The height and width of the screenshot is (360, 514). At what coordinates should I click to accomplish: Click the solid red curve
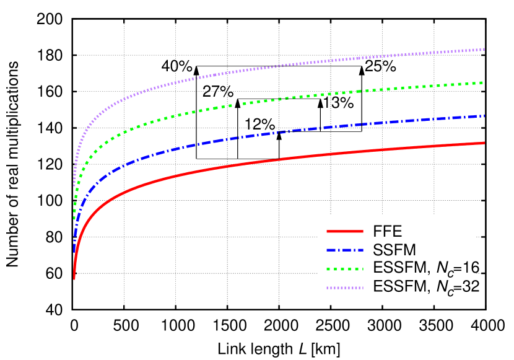(x=248, y=163)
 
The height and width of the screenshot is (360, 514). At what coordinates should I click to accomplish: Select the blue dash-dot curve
(x=248, y=136)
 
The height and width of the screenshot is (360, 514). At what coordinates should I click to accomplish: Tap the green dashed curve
(x=248, y=103)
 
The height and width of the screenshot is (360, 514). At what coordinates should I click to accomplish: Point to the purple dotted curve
(x=248, y=70)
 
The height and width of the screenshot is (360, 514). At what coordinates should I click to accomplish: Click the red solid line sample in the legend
(x=345, y=231)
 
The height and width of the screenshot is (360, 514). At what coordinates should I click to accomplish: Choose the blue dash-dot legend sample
(x=345, y=250)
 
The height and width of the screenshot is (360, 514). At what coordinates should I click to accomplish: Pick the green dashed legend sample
(x=345, y=269)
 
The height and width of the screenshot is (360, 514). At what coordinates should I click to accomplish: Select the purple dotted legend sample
(x=345, y=288)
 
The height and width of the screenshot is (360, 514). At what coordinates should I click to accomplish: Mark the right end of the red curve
(x=484, y=143)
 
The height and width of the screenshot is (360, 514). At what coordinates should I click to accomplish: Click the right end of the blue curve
(x=484, y=116)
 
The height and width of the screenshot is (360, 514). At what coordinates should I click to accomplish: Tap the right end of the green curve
(x=484, y=82)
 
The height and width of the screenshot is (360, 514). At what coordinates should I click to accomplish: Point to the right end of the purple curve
(x=484, y=49)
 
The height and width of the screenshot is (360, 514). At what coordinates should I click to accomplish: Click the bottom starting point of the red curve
(x=74, y=279)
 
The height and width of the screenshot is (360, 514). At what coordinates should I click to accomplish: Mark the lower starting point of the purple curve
(x=74, y=185)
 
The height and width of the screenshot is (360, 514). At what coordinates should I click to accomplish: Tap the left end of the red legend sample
(x=327, y=231)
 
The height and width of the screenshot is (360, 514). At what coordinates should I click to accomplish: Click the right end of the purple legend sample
(x=363, y=288)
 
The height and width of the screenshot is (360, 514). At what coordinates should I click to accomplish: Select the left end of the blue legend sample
(x=327, y=250)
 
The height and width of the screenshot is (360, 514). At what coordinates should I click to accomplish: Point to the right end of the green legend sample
(x=363, y=269)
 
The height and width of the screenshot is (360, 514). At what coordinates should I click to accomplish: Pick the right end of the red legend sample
(x=363, y=231)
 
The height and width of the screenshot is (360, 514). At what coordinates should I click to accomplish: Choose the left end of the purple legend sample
(x=327, y=288)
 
